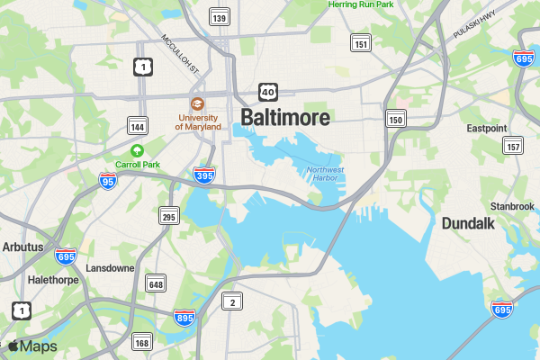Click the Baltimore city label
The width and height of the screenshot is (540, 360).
point(285,118)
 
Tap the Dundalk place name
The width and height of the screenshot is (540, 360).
point(468,224)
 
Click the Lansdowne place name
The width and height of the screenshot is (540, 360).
point(110,268)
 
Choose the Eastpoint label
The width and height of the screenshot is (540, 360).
point(486,129)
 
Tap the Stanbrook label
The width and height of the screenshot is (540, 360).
point(511,206)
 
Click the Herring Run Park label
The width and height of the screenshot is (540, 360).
point(361,4)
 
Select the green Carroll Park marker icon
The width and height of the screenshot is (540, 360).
point(137,150)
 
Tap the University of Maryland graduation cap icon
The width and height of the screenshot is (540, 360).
point(197,103)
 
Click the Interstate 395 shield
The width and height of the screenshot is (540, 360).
point(204,175)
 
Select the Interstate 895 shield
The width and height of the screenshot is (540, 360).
point(184,317)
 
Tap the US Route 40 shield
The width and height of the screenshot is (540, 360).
point(267,92)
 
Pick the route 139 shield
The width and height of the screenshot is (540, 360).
point(218,17)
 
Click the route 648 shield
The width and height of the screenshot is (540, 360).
point(156,284)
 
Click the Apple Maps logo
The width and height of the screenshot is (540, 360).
point(31,346)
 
